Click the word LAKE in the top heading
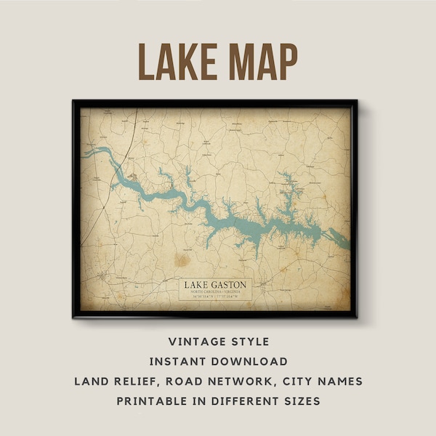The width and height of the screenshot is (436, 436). pyautogui.click(x=174, y=62)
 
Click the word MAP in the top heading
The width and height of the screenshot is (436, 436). pyautogui.click(x=257, y=62)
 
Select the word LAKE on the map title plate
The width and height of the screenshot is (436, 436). pyautogui.click(x=197, y=283)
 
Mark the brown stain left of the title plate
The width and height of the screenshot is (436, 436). pyautogui.click(x=180, y=259)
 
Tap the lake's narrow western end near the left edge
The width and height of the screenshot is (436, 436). pyautogui.click(x=89, y=153)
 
